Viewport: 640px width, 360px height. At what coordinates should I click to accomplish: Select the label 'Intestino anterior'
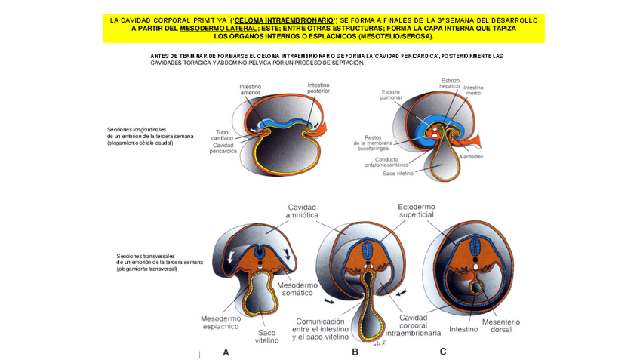click(x=250, y=90)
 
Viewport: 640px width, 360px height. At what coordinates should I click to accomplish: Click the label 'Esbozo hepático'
click(x=450, y=82)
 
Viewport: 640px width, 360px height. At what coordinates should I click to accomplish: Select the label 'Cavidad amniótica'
click(x=300, y=211)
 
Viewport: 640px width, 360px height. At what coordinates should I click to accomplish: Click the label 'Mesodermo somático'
click(x=300, y=289)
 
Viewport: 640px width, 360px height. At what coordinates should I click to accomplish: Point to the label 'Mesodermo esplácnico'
click(x=220, y=322)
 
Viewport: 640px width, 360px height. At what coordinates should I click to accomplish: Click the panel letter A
click(x=226, y=352)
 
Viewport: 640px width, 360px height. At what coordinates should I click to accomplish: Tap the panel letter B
click(x=355, y=352)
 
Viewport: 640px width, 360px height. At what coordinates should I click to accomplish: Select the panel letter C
click(x=443, y=351)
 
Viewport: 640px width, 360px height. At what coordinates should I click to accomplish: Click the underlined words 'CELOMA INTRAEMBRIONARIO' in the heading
click(x=284, y=20)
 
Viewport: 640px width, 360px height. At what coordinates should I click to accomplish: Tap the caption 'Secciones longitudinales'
click(x=136, y=129)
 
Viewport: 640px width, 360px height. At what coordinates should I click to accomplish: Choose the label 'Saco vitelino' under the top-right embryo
click(x=398, y=173)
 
